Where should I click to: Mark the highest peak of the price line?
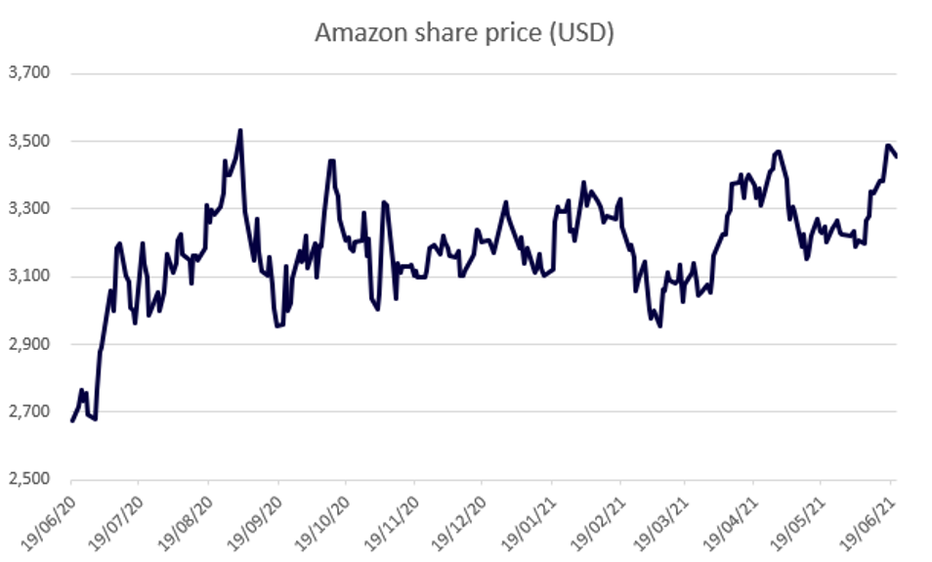pyautogui.click(x=240, y=130)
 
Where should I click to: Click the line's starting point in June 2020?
pyautogui.click(x=72, y=421)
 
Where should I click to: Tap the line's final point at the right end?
pyautogui.click(x=897, y=155)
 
